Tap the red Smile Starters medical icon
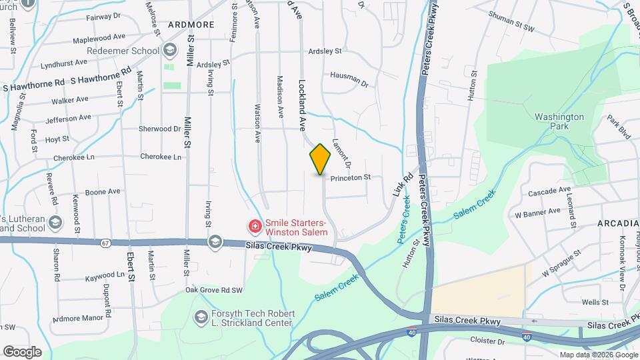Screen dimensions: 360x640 254,227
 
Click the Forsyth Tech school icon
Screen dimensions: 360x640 200,317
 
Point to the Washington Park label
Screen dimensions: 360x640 559,121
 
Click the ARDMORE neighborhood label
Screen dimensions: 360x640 191,24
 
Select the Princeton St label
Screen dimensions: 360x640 350,178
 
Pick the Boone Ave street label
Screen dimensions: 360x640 103,191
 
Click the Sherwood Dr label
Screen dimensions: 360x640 159,129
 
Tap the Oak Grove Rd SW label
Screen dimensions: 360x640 214,290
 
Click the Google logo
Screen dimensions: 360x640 21,351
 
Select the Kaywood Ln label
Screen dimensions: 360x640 105,275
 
